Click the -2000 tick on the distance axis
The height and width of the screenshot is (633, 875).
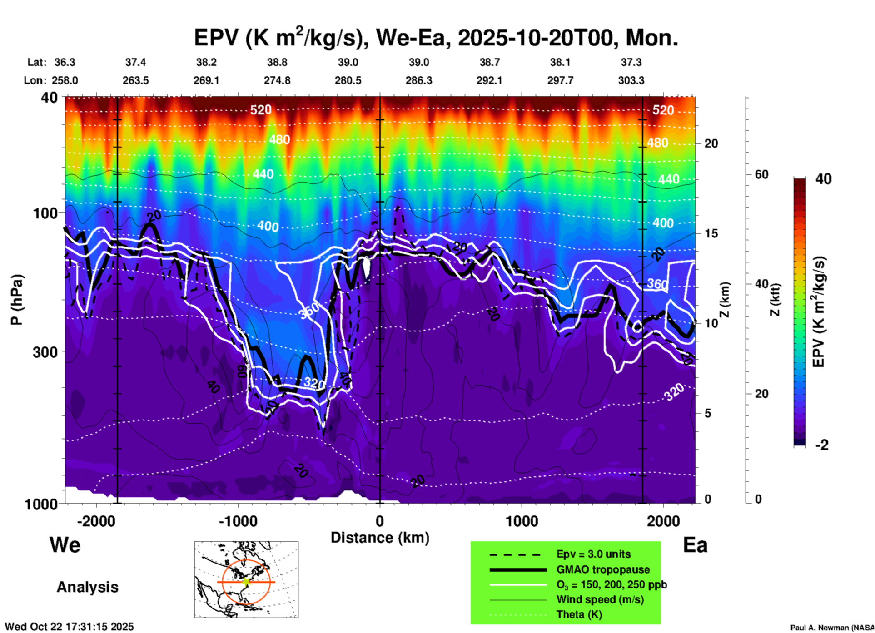(96, 521)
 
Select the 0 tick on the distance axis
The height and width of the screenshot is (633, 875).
(380, 521)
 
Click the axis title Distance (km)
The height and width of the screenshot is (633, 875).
(380, 538)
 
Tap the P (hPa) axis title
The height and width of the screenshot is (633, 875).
(17, 300)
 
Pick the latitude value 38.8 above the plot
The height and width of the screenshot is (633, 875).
(277, 62)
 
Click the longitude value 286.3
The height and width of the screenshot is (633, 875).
(419, 80)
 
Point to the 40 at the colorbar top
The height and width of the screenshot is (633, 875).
(823, 179)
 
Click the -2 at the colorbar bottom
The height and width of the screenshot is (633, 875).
(822, 445)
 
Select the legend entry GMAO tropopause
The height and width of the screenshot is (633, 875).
(603, 569)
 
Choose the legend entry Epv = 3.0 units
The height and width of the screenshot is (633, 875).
(593, 554)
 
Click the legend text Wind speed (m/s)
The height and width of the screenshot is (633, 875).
(600, 599)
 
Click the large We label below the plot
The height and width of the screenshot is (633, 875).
(65, 545)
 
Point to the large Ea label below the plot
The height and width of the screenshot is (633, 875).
(695, 545)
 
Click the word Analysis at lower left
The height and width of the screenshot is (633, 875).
(87, 587)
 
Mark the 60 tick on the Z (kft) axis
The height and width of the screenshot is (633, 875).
(761, 174)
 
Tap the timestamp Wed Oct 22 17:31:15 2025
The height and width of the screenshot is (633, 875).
(70, 627)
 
